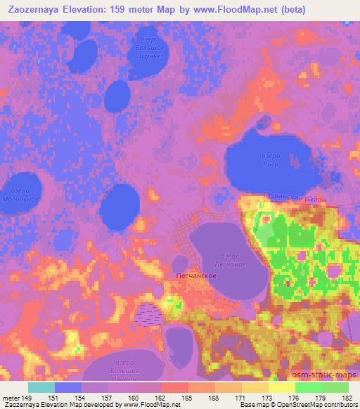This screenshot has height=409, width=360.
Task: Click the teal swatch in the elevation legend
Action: (41, 387)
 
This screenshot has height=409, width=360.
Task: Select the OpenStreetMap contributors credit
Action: (319, 404)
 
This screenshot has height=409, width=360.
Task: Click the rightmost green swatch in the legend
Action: (335, 387)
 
